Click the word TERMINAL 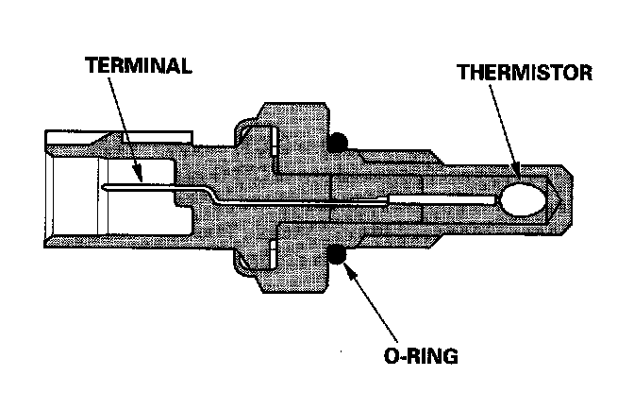139,66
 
